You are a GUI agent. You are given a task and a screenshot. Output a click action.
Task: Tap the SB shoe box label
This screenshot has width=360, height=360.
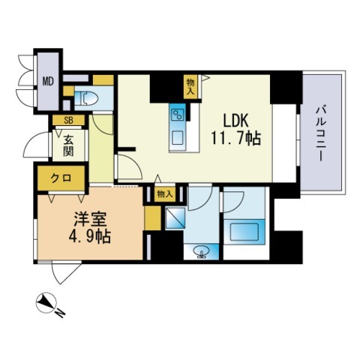[x=67, y=120]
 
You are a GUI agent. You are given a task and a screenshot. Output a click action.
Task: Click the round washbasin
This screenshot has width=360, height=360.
[x=200, y=250]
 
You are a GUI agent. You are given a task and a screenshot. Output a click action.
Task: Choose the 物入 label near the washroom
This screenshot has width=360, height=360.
[x=166, y=194]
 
